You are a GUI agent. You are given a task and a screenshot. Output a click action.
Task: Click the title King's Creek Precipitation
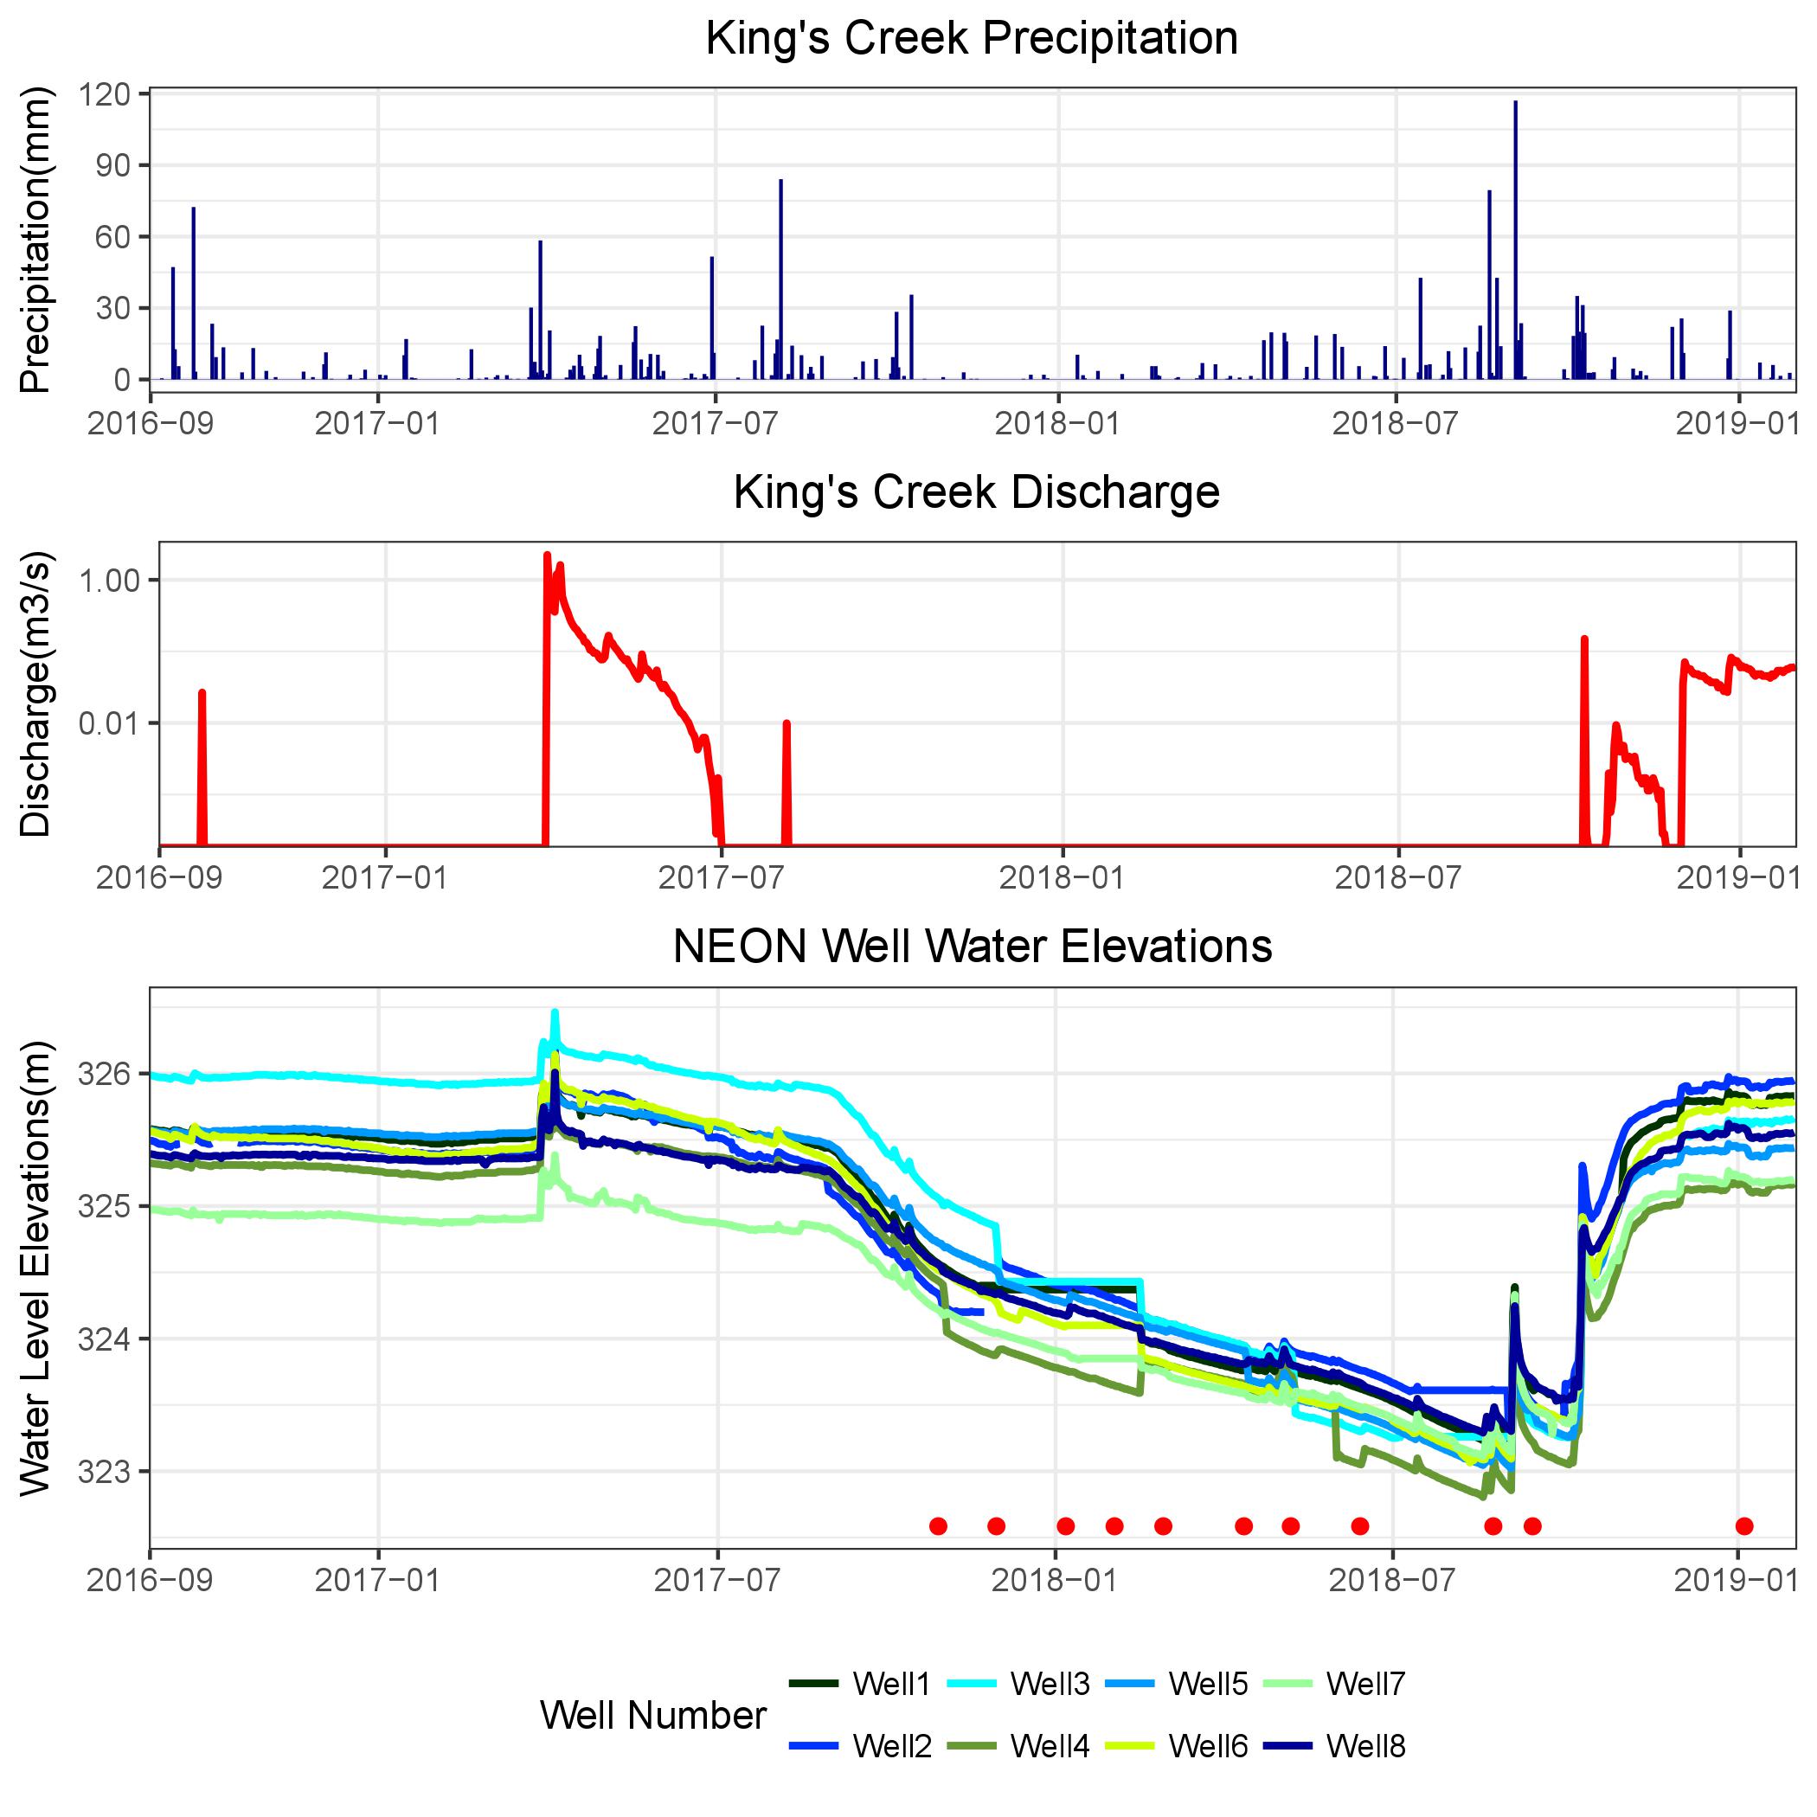pos(972,40)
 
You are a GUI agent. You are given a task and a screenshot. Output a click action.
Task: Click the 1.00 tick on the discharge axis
pos(109,581)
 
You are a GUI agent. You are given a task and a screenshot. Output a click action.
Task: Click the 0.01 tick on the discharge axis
pos(109,723)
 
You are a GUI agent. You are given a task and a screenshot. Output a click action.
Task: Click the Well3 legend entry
pos(1050,1684)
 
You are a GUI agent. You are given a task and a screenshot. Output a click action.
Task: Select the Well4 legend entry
pos(1050,1746)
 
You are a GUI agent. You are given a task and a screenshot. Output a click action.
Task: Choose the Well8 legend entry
pos(1365,1746)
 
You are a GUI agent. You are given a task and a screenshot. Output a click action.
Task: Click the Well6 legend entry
pos(1208,1746)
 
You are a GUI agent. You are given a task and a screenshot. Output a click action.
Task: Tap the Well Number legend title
pos(652,1716)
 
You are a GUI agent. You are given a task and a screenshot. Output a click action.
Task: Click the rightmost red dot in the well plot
pos(1744,1525)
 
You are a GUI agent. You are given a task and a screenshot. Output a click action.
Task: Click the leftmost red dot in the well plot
pos(938,1525)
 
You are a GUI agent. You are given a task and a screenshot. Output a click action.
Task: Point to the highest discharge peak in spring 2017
pos(548,555)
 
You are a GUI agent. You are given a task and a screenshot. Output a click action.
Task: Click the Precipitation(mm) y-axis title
pos(35,239)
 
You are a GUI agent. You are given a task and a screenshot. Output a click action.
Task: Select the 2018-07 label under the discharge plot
pos(1397,877)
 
